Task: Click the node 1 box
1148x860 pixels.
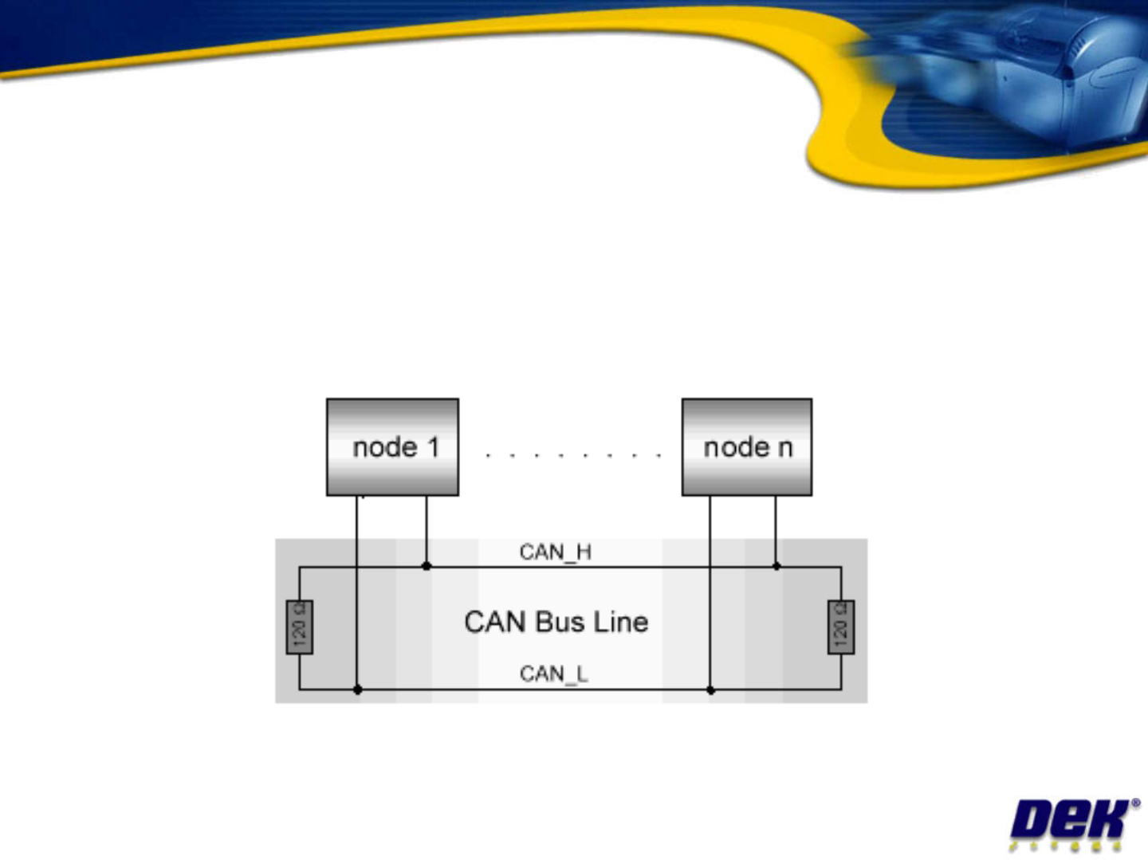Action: point(392,447)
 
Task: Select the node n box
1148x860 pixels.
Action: point(747,447)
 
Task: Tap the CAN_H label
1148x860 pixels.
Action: point(555,552)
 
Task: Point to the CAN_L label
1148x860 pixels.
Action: point(553,674)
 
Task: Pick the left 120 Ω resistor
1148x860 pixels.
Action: point(299,627)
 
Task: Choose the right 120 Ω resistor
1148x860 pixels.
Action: point(841,627)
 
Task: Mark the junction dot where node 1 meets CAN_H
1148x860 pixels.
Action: point(427,566)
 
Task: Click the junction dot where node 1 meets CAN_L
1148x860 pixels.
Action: point(357,689)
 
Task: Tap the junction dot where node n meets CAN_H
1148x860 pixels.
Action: point(776,566)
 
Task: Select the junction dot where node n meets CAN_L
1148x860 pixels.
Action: point(710,690)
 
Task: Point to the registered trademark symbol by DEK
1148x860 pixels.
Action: point(1135,803)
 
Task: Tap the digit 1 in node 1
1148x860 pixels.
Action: point(434,447)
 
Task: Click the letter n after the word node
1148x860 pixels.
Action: point(785,449)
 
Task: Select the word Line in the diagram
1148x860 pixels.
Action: point(620,622)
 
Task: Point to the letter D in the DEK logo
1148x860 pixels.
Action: point(1031,821)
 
